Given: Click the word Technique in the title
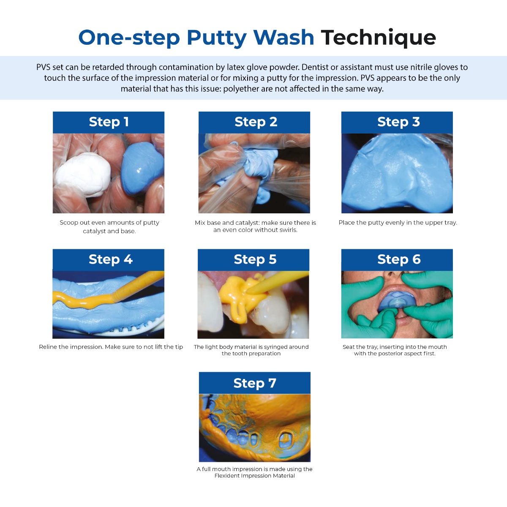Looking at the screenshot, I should [x=378, y=38].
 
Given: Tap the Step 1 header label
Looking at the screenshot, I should [x=109, y=122].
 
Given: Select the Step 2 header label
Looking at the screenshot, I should [x=256, y=122].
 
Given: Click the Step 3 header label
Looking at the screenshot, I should [x=398, y=122].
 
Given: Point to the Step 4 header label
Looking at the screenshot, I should [x=110, y=259].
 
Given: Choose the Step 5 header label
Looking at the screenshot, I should [x=255, y=259].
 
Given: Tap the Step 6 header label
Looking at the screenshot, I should [x=398, y=259].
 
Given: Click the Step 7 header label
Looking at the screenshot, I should [x=254, y=383].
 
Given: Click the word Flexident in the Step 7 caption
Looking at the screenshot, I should [x=229, y=476].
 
